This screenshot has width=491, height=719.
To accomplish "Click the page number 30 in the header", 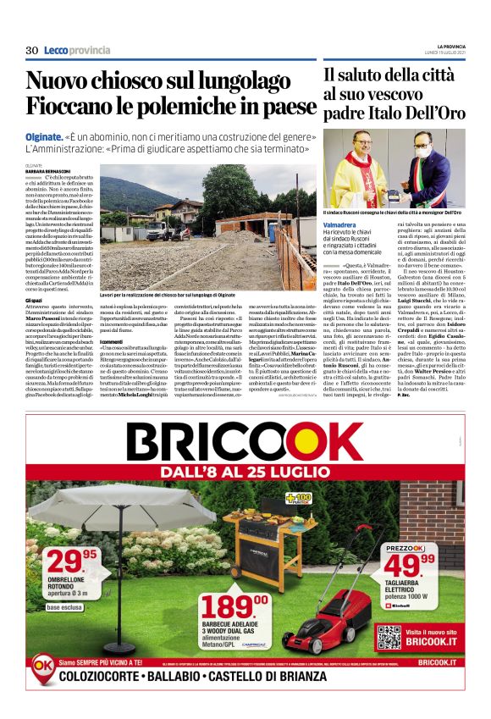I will click(31, 50).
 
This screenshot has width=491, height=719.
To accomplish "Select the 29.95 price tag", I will click(72, 561).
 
